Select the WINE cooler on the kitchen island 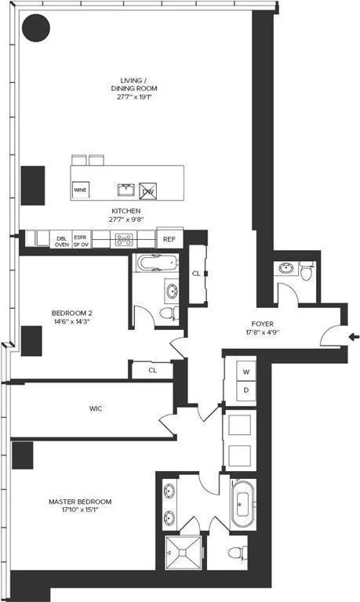click(x=80, y=190)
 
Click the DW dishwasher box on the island click(x=148, y=190)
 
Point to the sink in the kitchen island click(x=125, y=190)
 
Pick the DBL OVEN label click(x=61, y=240)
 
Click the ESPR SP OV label click(x=81, y=240)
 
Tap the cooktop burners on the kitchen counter click(x=124, y=240)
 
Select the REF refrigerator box click(x=168, y=239)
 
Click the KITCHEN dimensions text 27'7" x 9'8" click(x=125, y=221)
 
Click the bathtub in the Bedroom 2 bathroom click(x=157, y=264)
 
